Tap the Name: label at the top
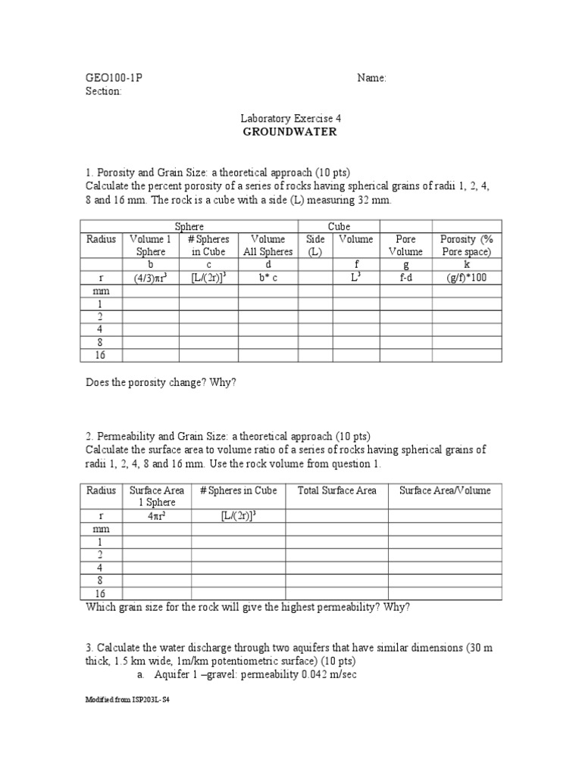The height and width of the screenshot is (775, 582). (371, 78)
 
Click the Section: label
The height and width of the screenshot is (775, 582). (103, 91)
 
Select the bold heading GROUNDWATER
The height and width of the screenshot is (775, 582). (289, 132)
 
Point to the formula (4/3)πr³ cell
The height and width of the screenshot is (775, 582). (151, 278)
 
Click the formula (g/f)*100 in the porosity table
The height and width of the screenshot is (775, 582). (466, 278)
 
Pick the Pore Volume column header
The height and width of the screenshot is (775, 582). (405, 245)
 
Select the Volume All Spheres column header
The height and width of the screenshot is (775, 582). (268, 245)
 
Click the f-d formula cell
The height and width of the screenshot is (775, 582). (405, 278)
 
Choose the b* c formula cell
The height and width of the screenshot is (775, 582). (268, 278)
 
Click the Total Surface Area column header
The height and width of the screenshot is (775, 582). (336, 490)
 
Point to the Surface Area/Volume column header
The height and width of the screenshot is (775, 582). (445, 490)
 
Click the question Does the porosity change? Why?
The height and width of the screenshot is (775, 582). (161, 382)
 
